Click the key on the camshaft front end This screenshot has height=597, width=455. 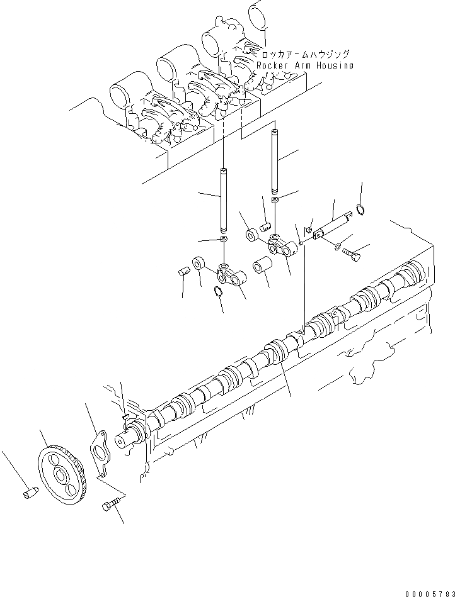coord(126,416)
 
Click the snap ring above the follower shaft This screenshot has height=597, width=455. coord(359,209)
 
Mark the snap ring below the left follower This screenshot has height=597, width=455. coord(217,291)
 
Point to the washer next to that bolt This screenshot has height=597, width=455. coord(338,245)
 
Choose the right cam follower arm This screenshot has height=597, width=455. coord(281,245)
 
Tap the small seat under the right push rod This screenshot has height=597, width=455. coord(275,200)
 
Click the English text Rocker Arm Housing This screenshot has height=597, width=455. coord(305,65)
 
